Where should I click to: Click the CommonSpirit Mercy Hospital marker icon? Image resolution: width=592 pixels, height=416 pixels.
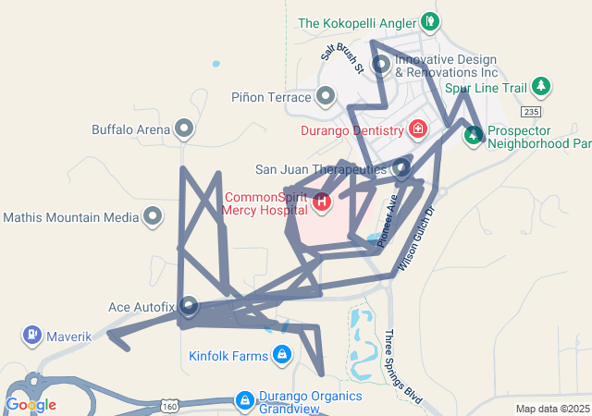click(322, 201)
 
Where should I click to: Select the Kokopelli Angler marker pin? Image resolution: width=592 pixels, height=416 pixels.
click(428, 20)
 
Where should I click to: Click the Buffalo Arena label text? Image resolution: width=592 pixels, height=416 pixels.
click(131, 129)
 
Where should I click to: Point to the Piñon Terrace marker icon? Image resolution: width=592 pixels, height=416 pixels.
click(326, 95)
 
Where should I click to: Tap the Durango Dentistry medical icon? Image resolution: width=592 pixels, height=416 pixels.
click(418, 128)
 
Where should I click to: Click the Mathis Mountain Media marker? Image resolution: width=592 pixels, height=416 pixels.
click(154, 217)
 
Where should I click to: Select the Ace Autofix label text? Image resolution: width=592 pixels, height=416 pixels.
click(142, 306)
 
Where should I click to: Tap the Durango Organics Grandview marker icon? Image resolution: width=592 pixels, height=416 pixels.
click(245, 400)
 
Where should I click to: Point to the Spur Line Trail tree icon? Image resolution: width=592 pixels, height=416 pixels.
click(542, 87)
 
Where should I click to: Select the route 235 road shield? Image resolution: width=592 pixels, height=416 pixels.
click(530, 112)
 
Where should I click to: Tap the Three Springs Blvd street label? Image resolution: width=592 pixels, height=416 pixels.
click(403, 367)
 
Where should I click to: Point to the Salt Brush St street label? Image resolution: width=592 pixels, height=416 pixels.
click(341, 55)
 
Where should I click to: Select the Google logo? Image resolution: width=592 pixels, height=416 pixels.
click(31, 405)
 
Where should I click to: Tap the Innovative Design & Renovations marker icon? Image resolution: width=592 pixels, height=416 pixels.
click(380, 64)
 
